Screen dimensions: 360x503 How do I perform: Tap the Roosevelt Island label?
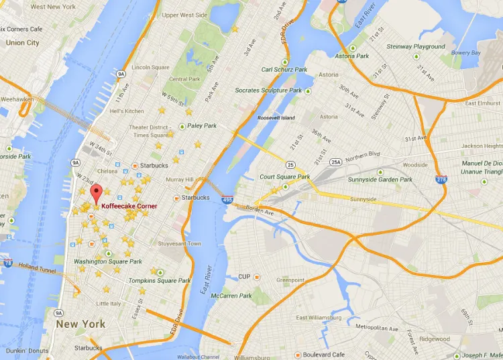coord(276,118)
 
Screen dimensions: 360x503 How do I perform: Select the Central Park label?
coord(184,79)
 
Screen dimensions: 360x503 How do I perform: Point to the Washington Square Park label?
coord(107,261)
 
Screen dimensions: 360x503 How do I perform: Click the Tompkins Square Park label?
coord(160,280)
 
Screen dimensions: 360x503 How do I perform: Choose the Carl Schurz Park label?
coord(285,69)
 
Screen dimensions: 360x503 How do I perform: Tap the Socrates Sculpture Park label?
coord(268,91)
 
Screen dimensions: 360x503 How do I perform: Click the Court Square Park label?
coord(285,177)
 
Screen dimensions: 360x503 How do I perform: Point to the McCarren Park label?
coord(231,296)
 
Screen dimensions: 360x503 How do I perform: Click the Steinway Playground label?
coord(416,47)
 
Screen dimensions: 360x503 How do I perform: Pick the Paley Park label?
coord(202,125)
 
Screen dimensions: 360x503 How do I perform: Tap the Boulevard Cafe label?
coord(323,355)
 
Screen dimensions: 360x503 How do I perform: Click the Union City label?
coord(22,43)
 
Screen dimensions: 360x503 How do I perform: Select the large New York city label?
coord(80,324)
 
